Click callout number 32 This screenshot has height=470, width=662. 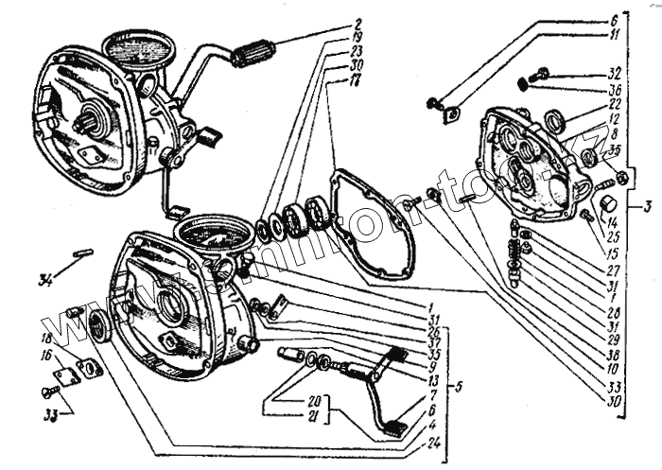click(614, 72)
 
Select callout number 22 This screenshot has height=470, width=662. click(614, 103)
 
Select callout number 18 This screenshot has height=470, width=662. click(46, 338)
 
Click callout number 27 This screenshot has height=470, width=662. click(614, 269)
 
